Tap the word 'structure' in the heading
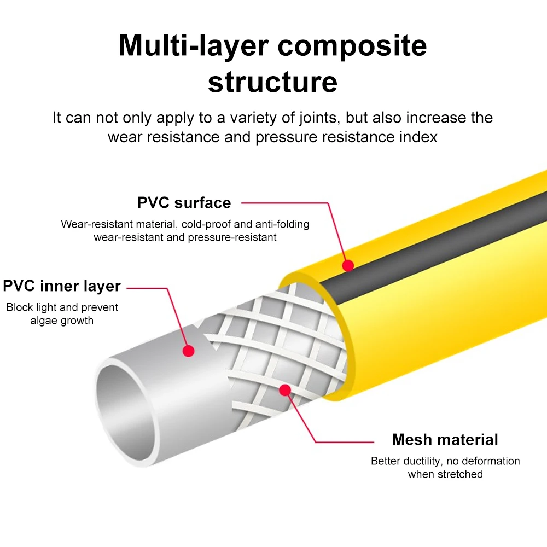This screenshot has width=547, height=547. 272,82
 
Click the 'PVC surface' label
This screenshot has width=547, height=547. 184,203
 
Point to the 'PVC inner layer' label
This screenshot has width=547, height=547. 62,286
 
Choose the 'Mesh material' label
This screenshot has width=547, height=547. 445,440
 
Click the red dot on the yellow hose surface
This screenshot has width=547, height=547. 348,266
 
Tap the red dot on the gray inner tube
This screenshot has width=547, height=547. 188,351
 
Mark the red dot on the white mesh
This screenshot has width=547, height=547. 284,390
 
